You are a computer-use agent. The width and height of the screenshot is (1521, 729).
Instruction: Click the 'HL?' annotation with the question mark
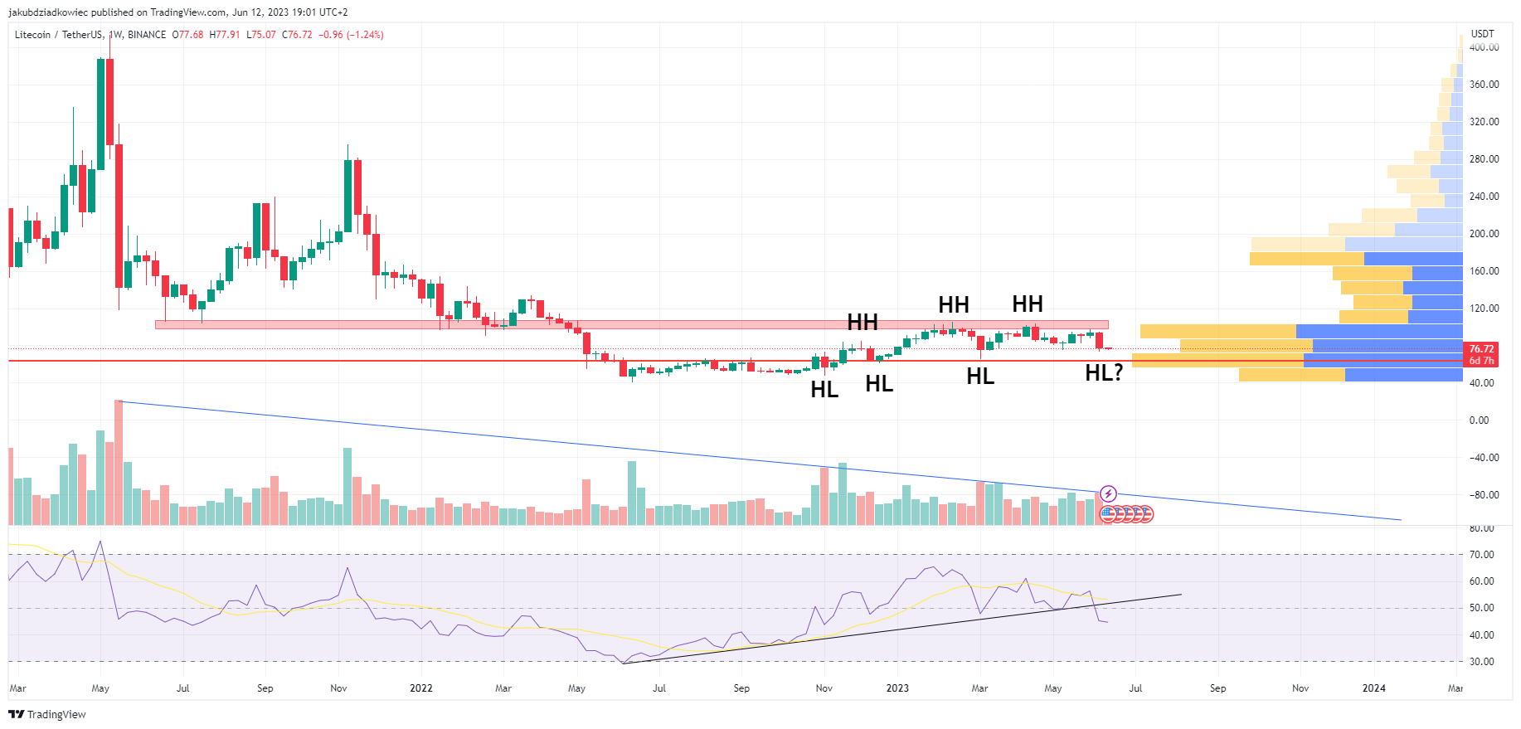point(1104,373)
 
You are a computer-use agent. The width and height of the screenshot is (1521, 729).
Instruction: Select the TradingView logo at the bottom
point(47,714)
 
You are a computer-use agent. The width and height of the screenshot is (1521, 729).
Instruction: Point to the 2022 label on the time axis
point(421,688)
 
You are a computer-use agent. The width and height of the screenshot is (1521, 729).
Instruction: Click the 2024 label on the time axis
point(1373,688)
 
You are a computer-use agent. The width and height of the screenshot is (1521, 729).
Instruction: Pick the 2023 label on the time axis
point(897,688)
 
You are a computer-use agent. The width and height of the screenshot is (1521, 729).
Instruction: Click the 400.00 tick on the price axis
point(1484,47)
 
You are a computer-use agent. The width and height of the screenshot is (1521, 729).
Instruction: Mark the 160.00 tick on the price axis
point(1484,271)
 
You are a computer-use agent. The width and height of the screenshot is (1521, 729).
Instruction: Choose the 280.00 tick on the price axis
point(1484,159)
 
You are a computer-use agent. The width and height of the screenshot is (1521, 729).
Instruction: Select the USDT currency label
point(1482,34)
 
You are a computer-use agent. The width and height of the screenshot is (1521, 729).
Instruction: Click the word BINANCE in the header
point(147,35)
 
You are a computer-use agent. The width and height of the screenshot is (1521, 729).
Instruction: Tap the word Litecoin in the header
point(32,35)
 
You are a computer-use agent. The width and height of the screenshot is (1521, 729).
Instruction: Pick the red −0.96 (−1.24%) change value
point(351,35)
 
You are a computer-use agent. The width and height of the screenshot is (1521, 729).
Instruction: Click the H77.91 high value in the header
point(224,35)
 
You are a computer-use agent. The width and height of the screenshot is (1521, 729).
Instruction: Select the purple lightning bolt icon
point(1108,494)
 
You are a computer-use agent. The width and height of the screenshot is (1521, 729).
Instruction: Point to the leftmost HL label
point(824,389)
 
